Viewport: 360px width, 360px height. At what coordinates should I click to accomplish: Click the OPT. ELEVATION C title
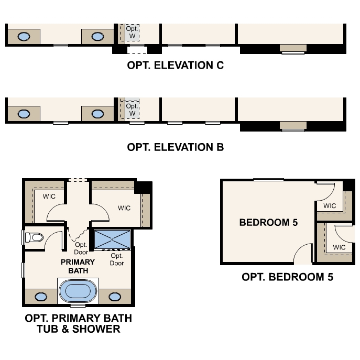(175, 66)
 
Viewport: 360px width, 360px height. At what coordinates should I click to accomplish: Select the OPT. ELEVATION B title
(175, 147)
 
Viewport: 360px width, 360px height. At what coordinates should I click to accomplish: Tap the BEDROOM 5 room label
(268, 223)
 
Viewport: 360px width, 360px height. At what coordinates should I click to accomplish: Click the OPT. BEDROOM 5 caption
(287, 277)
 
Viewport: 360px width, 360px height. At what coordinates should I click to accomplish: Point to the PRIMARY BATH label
(78, 266)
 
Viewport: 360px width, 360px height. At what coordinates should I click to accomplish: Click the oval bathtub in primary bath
(78, 291)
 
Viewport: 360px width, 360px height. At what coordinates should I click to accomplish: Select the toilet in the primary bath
(35, 238)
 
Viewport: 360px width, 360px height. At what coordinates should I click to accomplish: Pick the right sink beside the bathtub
(115, 297)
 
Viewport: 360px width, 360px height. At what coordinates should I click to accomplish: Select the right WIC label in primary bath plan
(124, 208)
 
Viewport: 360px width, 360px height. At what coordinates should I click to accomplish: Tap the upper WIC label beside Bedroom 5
(330, 206)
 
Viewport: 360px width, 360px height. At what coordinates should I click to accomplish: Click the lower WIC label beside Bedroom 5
(339, 247)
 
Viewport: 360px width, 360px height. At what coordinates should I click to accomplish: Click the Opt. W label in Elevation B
(132, 110)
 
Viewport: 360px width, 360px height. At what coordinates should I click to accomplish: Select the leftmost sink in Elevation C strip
(24, 36)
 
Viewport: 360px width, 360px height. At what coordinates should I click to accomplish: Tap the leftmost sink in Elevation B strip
(24, 113)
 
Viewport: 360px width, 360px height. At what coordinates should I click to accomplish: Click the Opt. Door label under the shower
(117, 259)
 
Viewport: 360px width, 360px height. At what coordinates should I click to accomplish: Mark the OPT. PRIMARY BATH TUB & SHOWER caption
(78, 324)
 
